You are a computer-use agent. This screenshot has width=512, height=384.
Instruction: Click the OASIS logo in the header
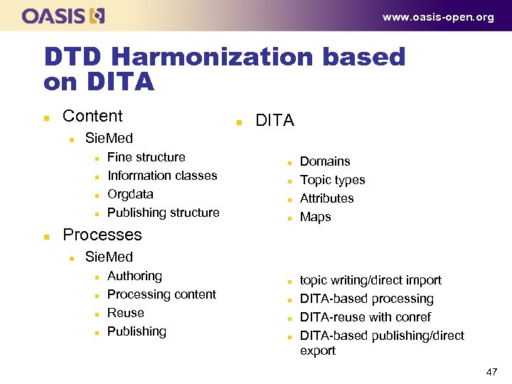(63, 16)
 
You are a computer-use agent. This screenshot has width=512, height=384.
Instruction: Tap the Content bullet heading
(92, 116)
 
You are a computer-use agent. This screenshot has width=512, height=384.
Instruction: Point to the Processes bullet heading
(102, 235)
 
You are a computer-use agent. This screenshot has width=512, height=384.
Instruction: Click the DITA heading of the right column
(274, 121)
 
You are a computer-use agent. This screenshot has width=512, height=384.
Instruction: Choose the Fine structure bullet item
(146, 157)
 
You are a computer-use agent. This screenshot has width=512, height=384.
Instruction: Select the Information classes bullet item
(162, 176)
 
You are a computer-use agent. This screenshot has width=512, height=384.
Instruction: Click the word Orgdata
(130, 194)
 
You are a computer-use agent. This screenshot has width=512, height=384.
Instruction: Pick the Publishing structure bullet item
(164, 213)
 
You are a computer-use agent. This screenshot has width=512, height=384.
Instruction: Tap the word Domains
(325, 161)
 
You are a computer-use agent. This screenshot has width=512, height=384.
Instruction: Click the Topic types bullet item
(332, 180)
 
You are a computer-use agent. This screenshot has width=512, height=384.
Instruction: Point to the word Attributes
(326, 198)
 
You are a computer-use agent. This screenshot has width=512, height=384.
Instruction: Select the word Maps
(316, 217)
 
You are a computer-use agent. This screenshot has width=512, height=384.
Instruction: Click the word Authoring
(134, 276)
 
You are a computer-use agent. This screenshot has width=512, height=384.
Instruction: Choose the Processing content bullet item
(161, 294)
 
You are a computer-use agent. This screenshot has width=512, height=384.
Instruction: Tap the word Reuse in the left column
(125, 313)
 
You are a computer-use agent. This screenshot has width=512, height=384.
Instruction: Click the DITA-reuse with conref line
(366, 317)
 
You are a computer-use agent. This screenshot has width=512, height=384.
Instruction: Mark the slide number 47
(491, 371)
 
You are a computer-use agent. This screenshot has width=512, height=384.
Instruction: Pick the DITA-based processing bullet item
(367, 299)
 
